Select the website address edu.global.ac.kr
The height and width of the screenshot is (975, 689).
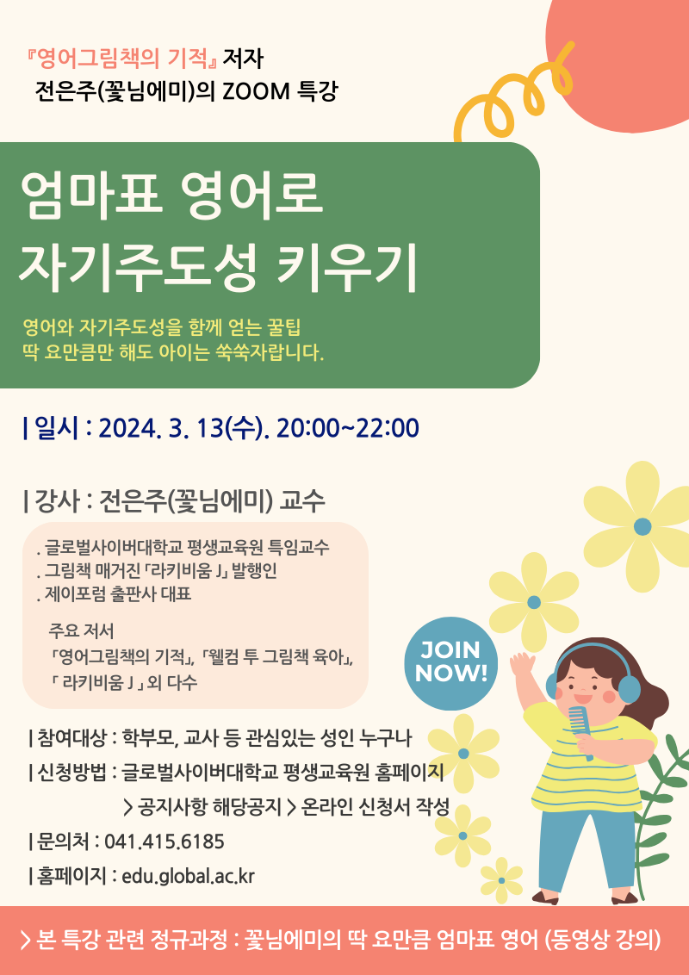[x=189, y=877]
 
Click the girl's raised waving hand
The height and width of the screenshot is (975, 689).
[x=523, y=668]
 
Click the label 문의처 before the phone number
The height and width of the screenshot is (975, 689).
[x=59, y=841]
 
